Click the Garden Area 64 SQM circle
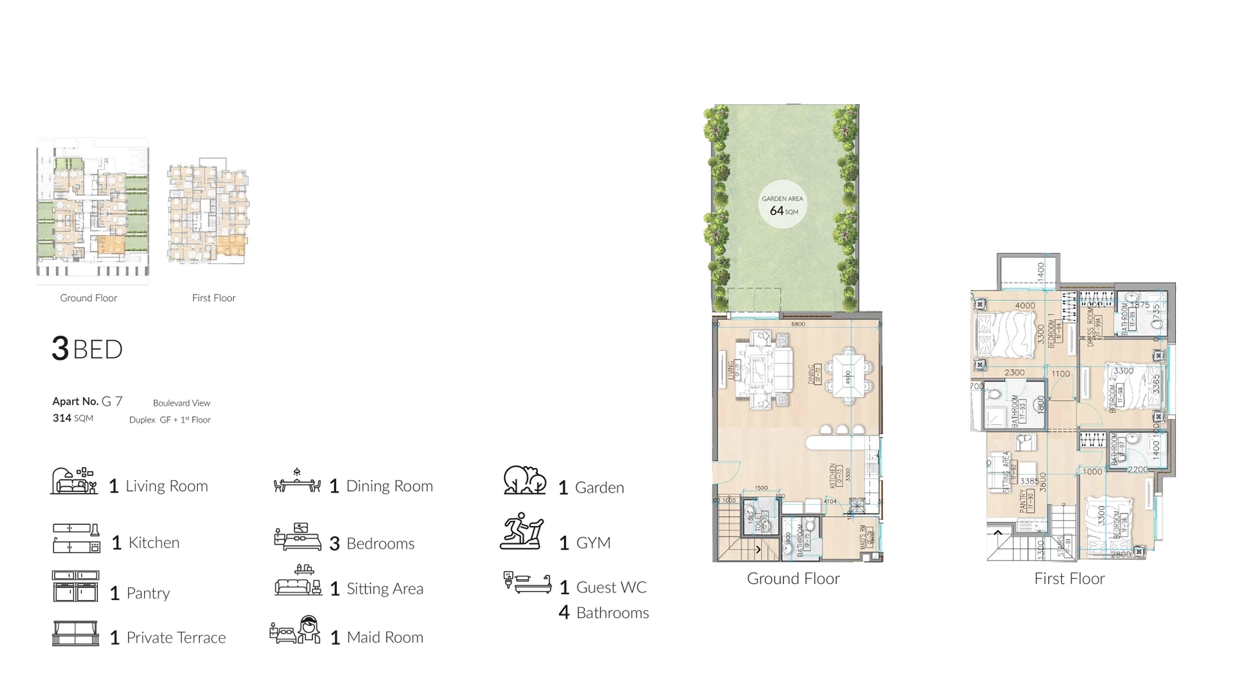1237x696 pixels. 782,204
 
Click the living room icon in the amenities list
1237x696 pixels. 74,481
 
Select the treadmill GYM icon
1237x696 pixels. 523,532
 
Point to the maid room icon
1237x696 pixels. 296,630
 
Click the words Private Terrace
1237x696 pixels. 176,637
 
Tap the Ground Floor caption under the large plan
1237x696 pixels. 793,579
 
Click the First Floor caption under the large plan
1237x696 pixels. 1069,579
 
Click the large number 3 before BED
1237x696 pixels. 60,349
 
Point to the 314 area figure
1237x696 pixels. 62,418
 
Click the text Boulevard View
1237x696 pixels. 182,403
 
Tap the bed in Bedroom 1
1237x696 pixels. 1003,334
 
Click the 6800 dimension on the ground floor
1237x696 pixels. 798,324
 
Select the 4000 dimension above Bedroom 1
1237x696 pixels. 1024,305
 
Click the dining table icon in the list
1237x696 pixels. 297,481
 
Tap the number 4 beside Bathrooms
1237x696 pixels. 564,612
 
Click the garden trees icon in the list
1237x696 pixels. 524,481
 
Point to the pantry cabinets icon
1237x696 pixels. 75,586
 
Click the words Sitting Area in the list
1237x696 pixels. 385,588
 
